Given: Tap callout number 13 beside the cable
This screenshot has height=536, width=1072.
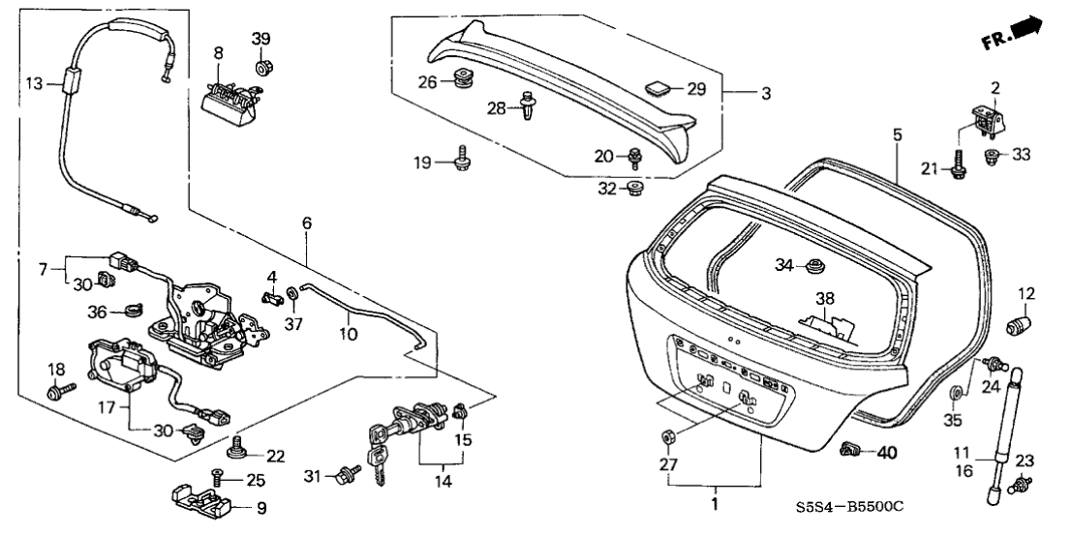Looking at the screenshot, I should click(33, 84).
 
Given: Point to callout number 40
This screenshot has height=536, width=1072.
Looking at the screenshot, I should click(888, 451).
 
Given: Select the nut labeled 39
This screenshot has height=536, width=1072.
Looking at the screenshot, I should click(262, 68).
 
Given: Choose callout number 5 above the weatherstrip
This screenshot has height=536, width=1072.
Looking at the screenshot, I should click(897, 135).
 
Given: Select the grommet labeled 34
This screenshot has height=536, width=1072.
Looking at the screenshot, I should click(814, 264).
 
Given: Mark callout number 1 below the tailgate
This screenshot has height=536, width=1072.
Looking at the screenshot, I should click(714, 504).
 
